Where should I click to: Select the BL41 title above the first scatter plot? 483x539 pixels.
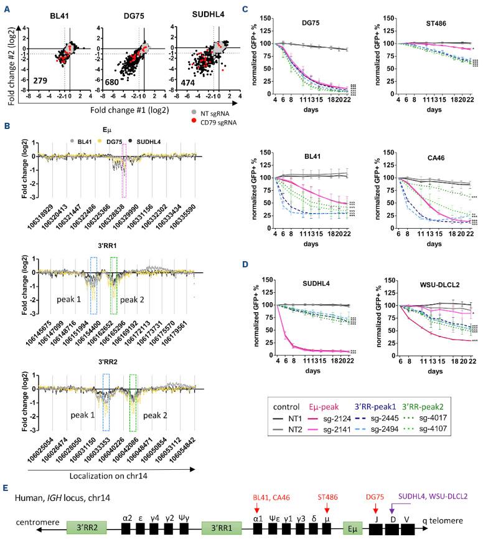pyautogui.click(x=47, y=14)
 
